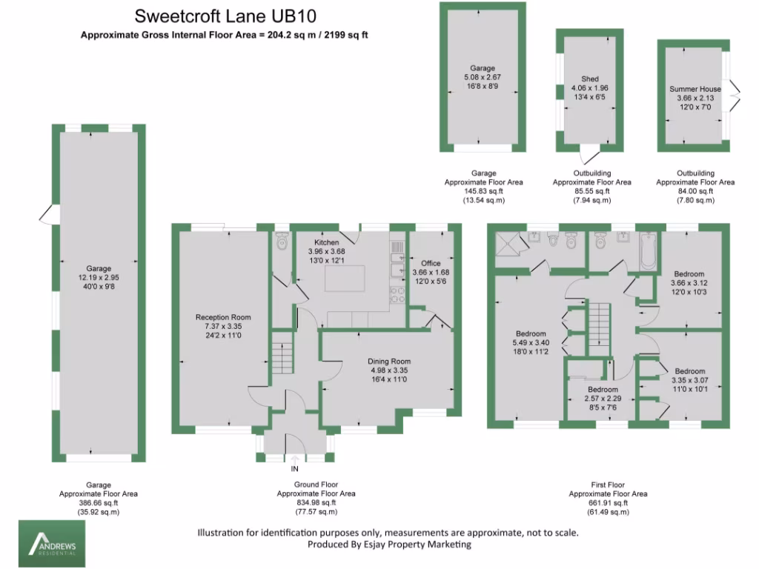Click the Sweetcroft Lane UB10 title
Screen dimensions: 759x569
(x=225, y=16)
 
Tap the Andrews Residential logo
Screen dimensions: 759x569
(x=52, y=544)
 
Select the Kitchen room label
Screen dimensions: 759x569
(x=327, y=242)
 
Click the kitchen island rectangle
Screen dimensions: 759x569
(x=345, y=279)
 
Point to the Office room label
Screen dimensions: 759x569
(x=431, y=263)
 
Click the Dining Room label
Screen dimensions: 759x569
(x=389, y=362)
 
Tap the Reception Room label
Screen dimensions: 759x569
(x=223, y=317)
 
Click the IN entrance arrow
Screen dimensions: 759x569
(x=295, y=459)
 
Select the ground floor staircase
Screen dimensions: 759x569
(x=282, y=358)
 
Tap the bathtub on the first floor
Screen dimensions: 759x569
(x=649, y=252)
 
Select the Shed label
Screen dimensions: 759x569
(x=590, y=79)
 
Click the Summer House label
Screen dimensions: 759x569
(x=695, y=89)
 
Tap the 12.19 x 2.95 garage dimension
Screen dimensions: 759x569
(x=99, y=278)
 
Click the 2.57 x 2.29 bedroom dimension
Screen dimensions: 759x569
(x=603, y=399)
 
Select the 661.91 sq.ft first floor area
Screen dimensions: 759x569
(x=608, y=503)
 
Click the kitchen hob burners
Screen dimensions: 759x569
(x=398, y=295)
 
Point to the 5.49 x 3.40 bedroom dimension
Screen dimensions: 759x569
(x=531, y=342)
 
